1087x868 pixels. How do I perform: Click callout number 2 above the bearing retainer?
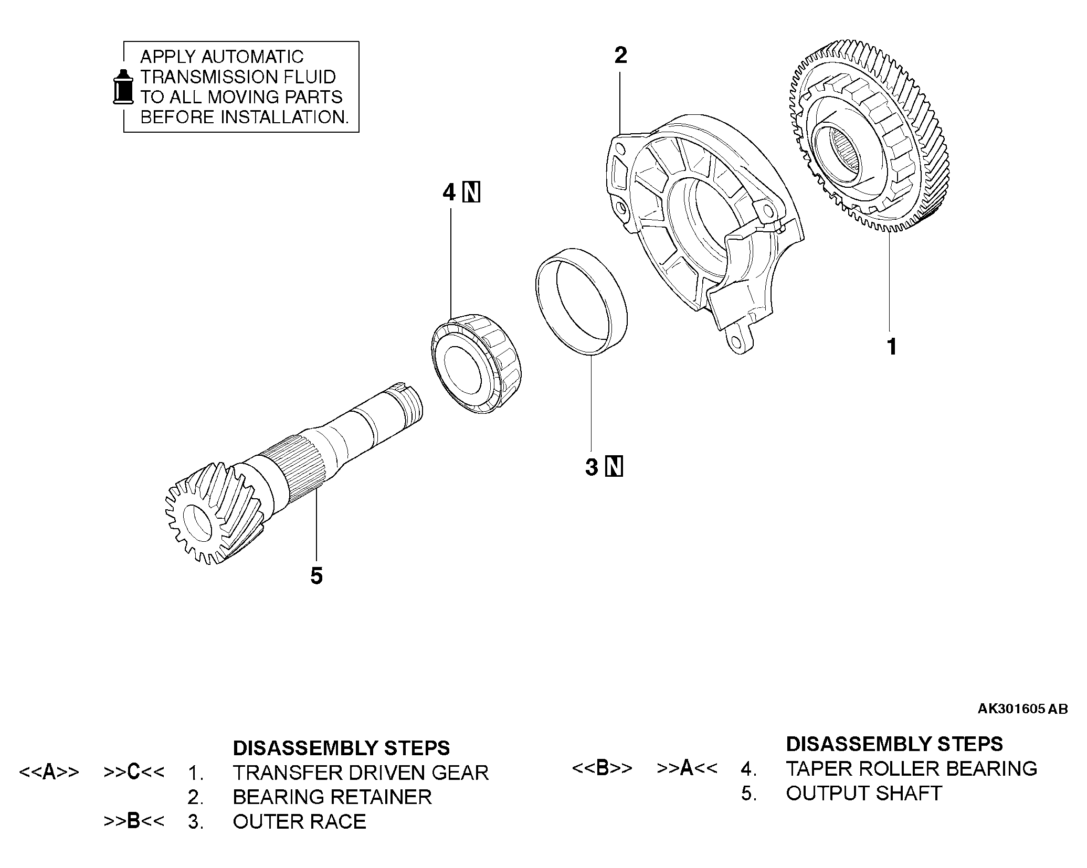620,56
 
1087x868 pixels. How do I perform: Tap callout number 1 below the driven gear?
891,347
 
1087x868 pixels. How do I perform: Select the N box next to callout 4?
471,192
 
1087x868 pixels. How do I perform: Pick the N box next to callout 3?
614,467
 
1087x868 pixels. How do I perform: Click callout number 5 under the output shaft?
316,576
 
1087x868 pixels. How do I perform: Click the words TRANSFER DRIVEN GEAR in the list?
361,773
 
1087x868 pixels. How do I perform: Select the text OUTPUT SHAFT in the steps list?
863,793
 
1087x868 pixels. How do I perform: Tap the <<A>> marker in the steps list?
49,772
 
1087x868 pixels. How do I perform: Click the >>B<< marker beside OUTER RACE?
134,821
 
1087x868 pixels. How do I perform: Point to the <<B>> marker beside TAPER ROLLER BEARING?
602,768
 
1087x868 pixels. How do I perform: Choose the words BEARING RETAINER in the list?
332,797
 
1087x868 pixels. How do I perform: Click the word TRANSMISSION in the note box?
208,77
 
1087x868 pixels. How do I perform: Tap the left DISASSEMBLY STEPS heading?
341,747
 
